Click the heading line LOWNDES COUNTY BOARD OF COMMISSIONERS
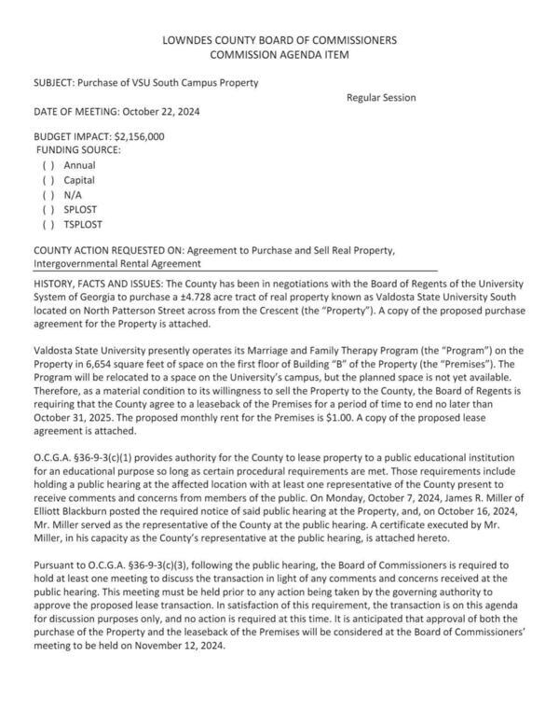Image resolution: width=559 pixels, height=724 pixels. [x=279, y=40]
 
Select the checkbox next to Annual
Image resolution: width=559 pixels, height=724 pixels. [x=48, y=165]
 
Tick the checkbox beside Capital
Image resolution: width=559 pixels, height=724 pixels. [x=48, y=180]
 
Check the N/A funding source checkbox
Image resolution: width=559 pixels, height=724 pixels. [x=48, y=195]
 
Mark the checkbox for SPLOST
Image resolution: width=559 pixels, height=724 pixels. [x=48, y=210]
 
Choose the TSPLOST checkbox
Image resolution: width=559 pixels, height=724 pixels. [x=48, y=225]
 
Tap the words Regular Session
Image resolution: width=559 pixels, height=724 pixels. [x=381, y=97]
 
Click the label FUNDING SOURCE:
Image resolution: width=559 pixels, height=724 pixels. [x=78, y=149]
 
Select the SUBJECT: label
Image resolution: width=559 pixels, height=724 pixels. [x=56, y=82]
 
